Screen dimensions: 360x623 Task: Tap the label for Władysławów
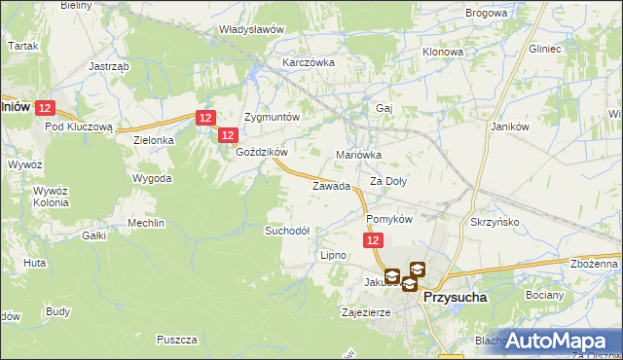[251, 29]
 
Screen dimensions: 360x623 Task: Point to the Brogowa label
[487, 14]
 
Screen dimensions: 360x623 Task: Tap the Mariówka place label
[358, 155]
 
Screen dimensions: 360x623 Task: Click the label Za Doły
[388, 182]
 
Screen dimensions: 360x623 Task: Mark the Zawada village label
[331, 186]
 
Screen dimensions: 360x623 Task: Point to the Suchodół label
[287, 231]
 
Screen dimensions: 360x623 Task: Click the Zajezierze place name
[366, 313]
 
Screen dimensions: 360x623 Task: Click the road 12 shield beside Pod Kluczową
[49, 109]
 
